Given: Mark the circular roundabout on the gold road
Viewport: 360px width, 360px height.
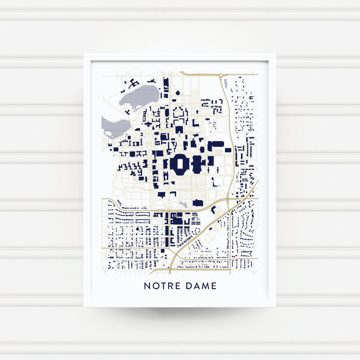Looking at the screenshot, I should pyautogui.click(x=220, y=76).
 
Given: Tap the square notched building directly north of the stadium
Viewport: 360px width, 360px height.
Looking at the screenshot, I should pyautogui.click(x=179, y=130).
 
